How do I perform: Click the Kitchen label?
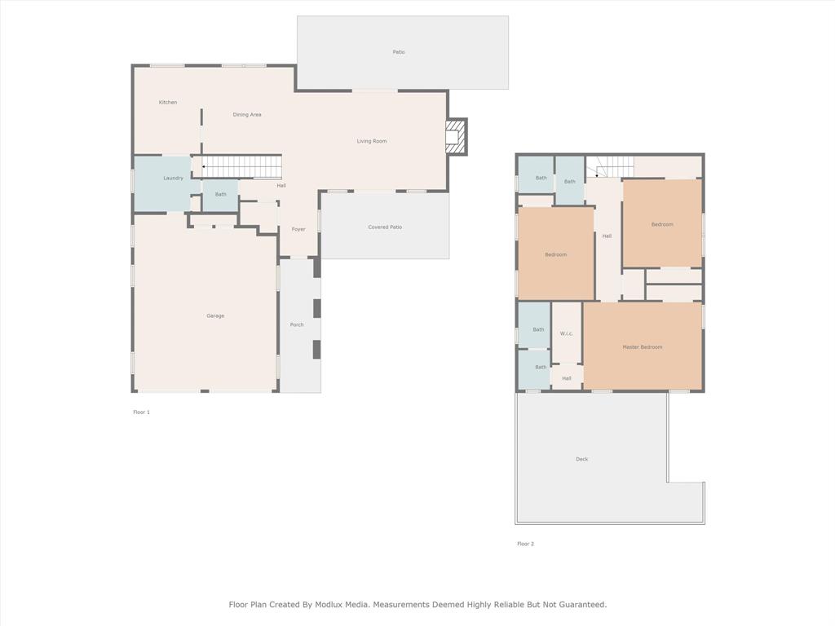[x=168, y=103]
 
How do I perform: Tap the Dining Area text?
[x=247, y=115]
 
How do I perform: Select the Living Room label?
[x=372, y=142]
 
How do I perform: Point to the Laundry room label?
[x=173, y=179]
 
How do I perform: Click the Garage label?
[x=215, y=316]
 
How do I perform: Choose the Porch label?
[x=297, y=325]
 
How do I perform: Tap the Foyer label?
[x=298, y=230]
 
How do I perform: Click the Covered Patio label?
[x=385, y=227]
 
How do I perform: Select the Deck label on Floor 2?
[x=581, y=460]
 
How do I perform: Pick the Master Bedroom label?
[x=643, y=347]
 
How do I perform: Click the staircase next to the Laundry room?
[x=241, y=166]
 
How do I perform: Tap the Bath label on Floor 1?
[x=221, y=195]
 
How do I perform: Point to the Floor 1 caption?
[x=142, y=412]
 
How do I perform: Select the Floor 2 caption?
[x=526, y=544]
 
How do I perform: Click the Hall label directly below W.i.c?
[x=567, y=378]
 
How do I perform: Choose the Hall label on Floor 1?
[x=281, y=186]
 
